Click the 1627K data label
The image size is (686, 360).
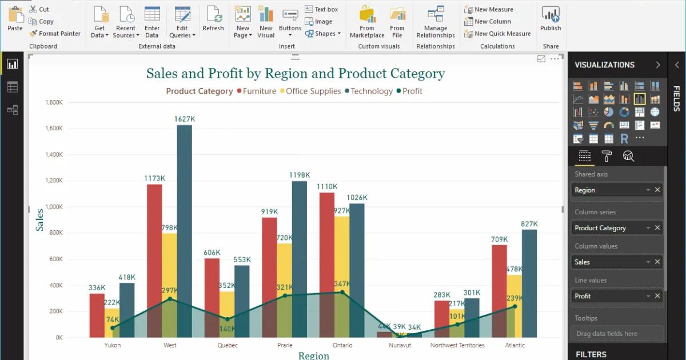tap(185, 119)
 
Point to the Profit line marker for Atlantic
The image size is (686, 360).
tap(514, 306)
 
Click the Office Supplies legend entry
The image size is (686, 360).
tap(313, 91)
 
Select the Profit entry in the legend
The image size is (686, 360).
tap(412, 91)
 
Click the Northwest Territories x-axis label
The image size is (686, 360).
tap(457, 345)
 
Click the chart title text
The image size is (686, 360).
tap(295, 74)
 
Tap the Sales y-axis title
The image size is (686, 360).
tap(40, 220)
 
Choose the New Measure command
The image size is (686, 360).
tap(493, 9)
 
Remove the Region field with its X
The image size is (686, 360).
tap(657, 190)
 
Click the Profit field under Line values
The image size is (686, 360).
tap(609, 296)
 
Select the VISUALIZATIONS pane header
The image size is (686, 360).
tap(604, 65)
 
